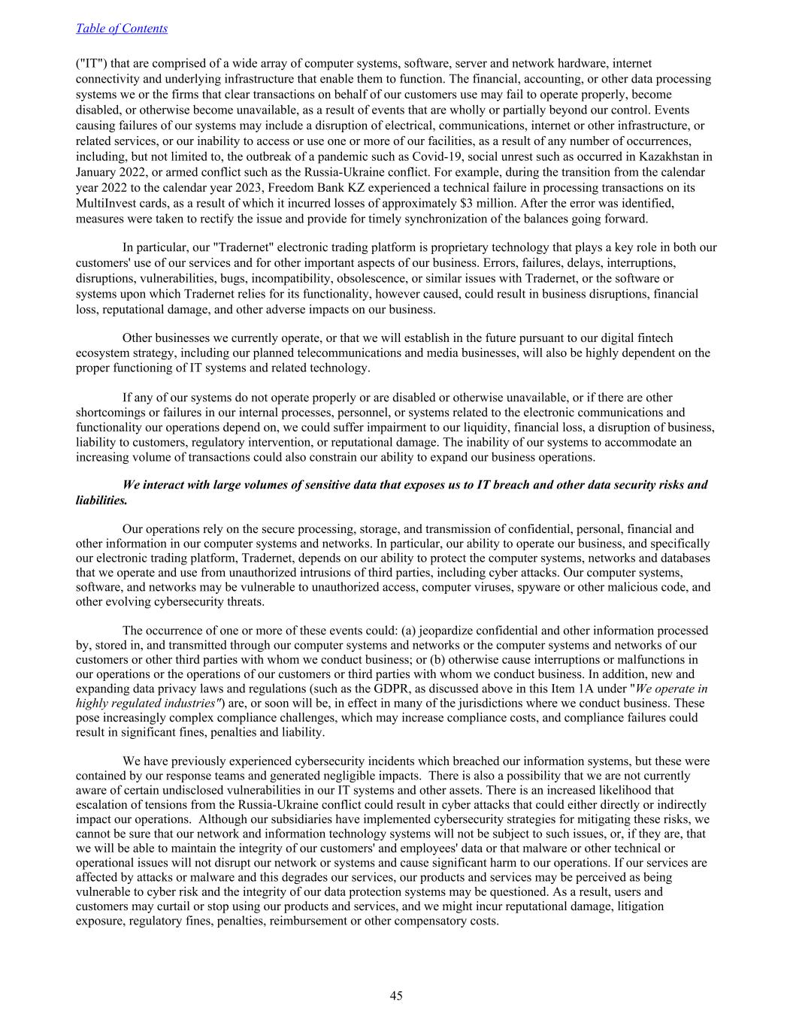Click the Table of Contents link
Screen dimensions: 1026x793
(122, 29)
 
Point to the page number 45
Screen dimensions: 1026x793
(396, 996)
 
